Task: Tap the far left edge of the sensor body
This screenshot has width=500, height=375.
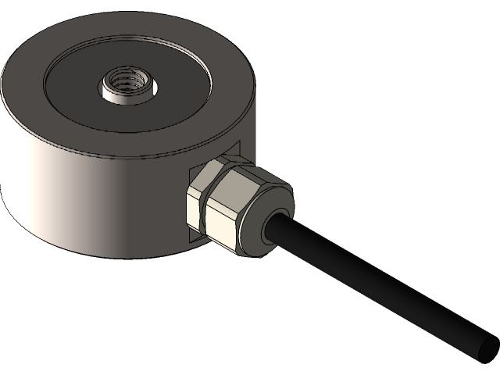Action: pos(2,141)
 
